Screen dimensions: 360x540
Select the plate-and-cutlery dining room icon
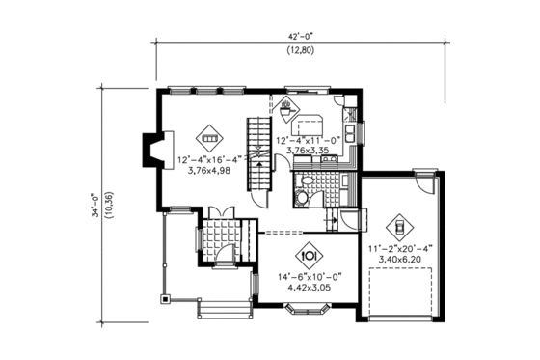tap(310, 255)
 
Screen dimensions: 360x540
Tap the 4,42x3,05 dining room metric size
tap(310, 286)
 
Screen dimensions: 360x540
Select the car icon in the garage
tap(397, 229)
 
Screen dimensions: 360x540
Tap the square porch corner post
tap(166, 299)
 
